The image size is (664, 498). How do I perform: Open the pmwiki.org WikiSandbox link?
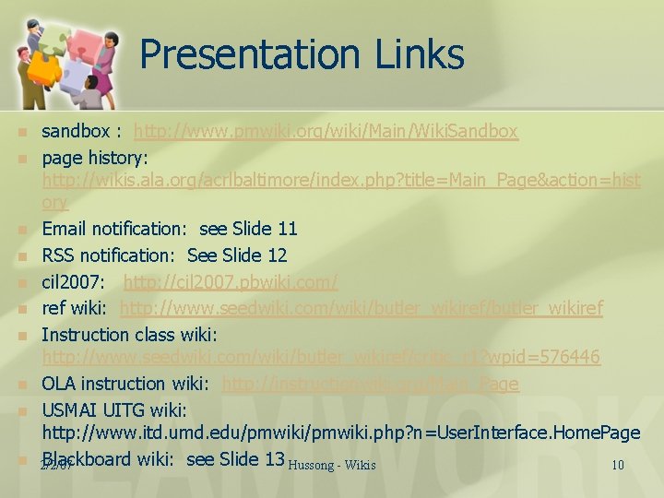pos(326,132)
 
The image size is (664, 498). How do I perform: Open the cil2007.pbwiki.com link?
pos(231,281)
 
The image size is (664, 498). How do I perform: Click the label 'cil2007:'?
pos(77,281)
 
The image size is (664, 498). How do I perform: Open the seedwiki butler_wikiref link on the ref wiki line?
pos(362,308)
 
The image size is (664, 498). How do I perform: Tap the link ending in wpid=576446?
pos(321,357)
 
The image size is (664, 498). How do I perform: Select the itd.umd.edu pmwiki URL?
pos(340,433)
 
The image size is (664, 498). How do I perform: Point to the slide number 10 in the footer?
pos(618,465)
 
